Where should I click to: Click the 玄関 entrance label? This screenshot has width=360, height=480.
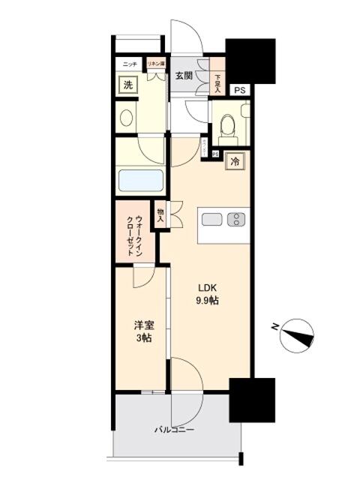pos(184,75)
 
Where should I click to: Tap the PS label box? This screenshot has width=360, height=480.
pos(239,91)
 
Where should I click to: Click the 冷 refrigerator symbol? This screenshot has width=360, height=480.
pos(235,161)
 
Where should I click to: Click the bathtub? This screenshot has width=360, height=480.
pos(141,181)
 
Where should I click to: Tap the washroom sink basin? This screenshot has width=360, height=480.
pos(126,118)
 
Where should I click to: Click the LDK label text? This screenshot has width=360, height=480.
pos(208,286)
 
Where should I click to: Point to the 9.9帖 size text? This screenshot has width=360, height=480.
pos(208,300)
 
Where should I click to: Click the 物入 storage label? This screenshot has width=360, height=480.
pos(161,215)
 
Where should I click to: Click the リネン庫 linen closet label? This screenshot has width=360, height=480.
pos(155,64)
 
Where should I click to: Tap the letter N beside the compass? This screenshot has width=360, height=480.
pos(275,326)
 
